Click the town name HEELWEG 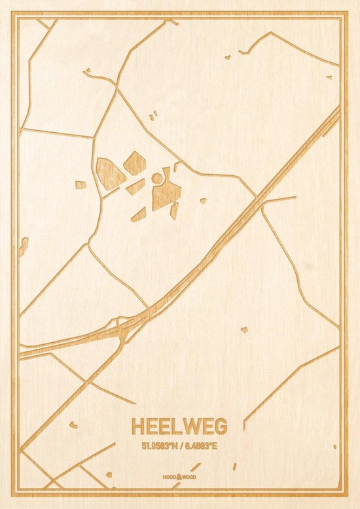(179, 427)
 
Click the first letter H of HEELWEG (138, 427)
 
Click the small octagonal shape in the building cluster (157, 178)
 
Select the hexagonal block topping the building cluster (134, 163)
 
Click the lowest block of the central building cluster (139, 214)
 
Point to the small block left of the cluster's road (81, 185)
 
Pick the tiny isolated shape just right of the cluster (203, 201)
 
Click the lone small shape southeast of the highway (244, 330)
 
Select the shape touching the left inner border (24, 247)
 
